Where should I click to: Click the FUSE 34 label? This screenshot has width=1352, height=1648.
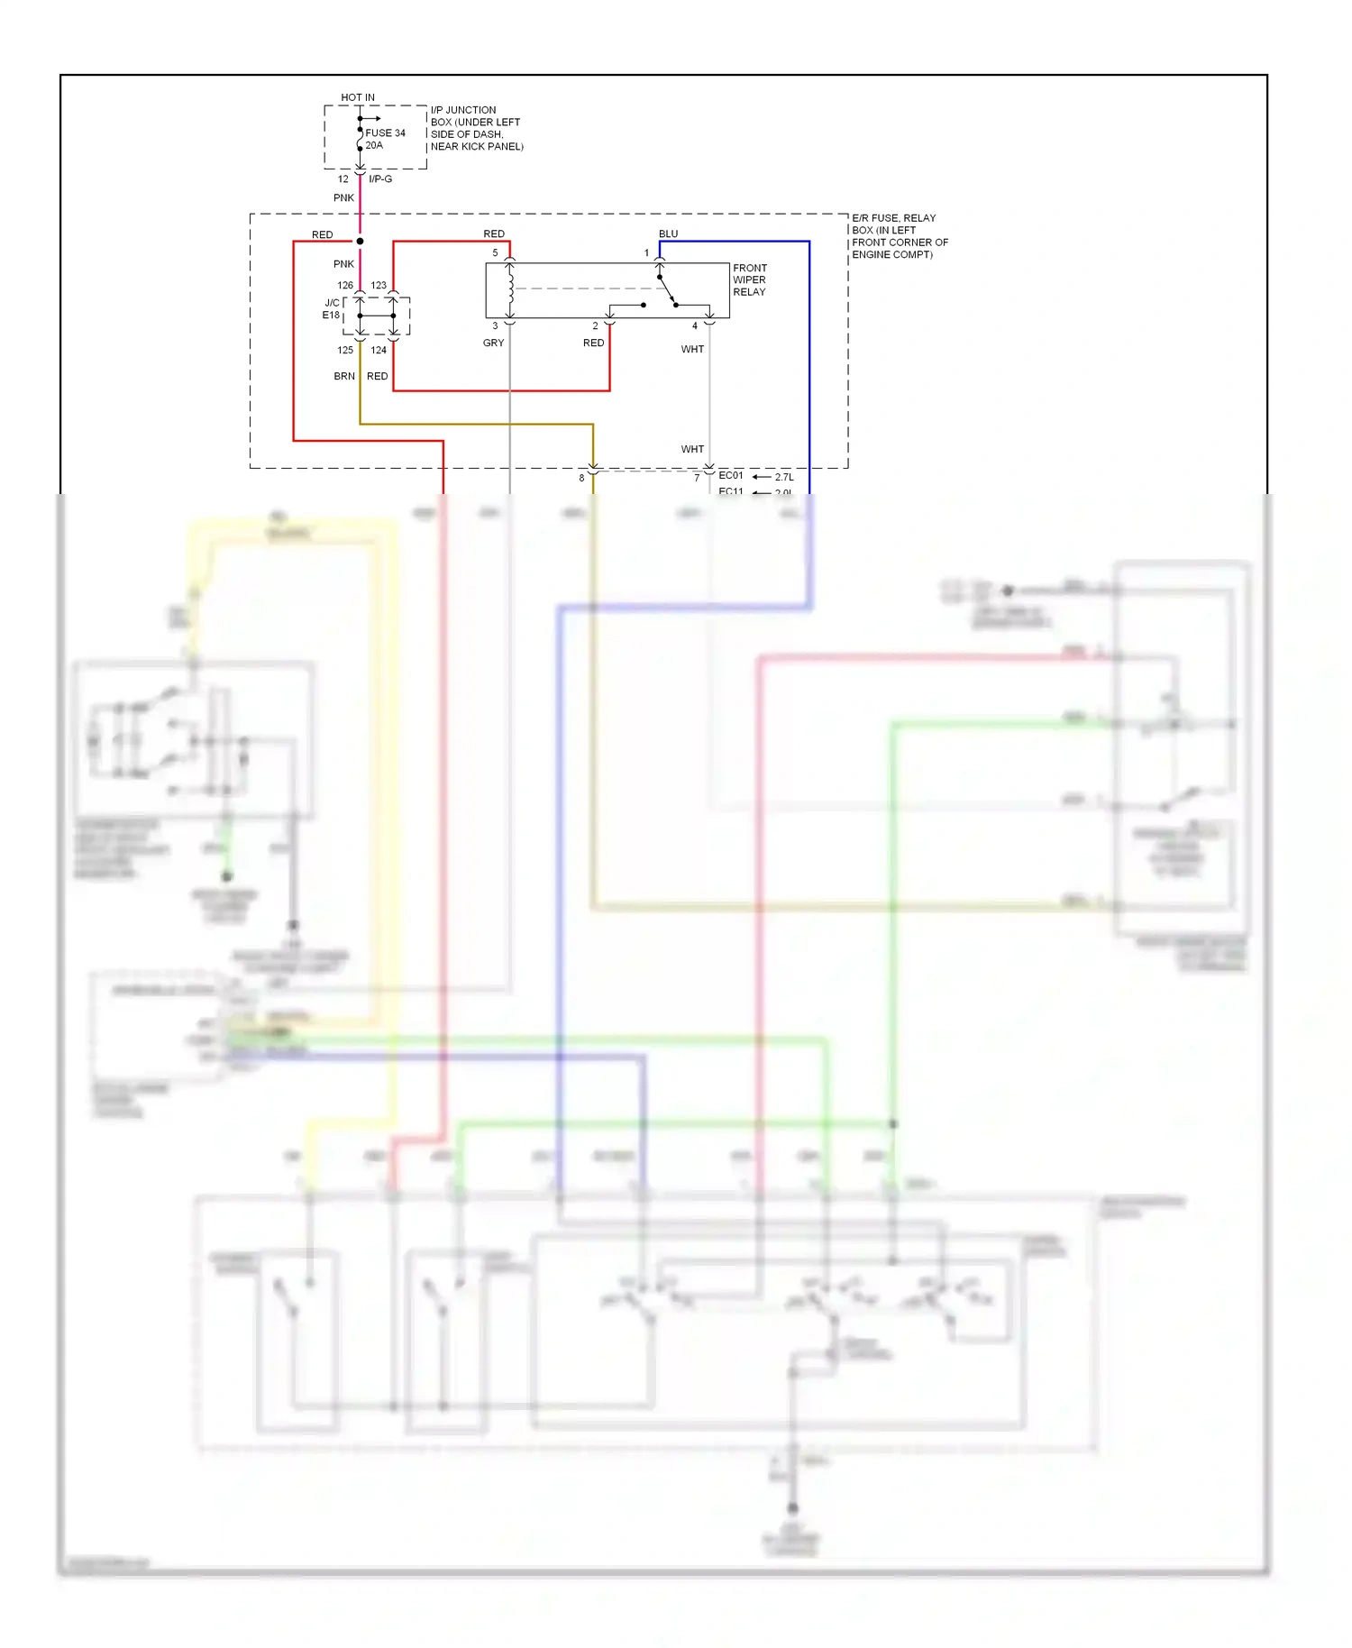pos(385,133)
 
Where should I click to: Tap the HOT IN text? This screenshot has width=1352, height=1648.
pos(358,97)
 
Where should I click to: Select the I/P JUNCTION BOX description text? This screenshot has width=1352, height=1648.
pos(476,128)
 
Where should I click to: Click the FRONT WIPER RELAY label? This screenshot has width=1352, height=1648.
pos(749,279)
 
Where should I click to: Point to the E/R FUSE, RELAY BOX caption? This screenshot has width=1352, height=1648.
pos(899,236)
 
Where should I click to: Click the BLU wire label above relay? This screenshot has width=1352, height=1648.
pos(668,233)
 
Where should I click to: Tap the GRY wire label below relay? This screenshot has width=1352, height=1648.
pos(493,343)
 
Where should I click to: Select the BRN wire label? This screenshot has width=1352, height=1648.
pos(344,376)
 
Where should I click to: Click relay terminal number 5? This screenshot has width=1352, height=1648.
pos(495,252)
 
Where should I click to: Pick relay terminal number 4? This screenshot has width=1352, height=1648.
pos(695,325)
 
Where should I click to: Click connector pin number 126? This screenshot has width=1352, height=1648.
pos(345,285)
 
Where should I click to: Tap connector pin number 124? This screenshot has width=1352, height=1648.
pos(379,350)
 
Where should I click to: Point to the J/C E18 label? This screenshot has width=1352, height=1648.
pos(332,309)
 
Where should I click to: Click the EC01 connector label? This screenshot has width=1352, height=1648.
pos(731,475)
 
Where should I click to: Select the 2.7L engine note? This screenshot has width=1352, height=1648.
pos(784,477)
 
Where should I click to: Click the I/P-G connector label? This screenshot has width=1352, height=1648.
pos(380,179)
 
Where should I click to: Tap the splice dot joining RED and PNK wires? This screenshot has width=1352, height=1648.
pos(360,241)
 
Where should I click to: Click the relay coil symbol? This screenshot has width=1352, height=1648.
pos(510,288)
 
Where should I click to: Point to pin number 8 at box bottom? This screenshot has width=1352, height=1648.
pos(581,478)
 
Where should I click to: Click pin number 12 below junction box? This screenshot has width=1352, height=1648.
pos(343,179)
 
